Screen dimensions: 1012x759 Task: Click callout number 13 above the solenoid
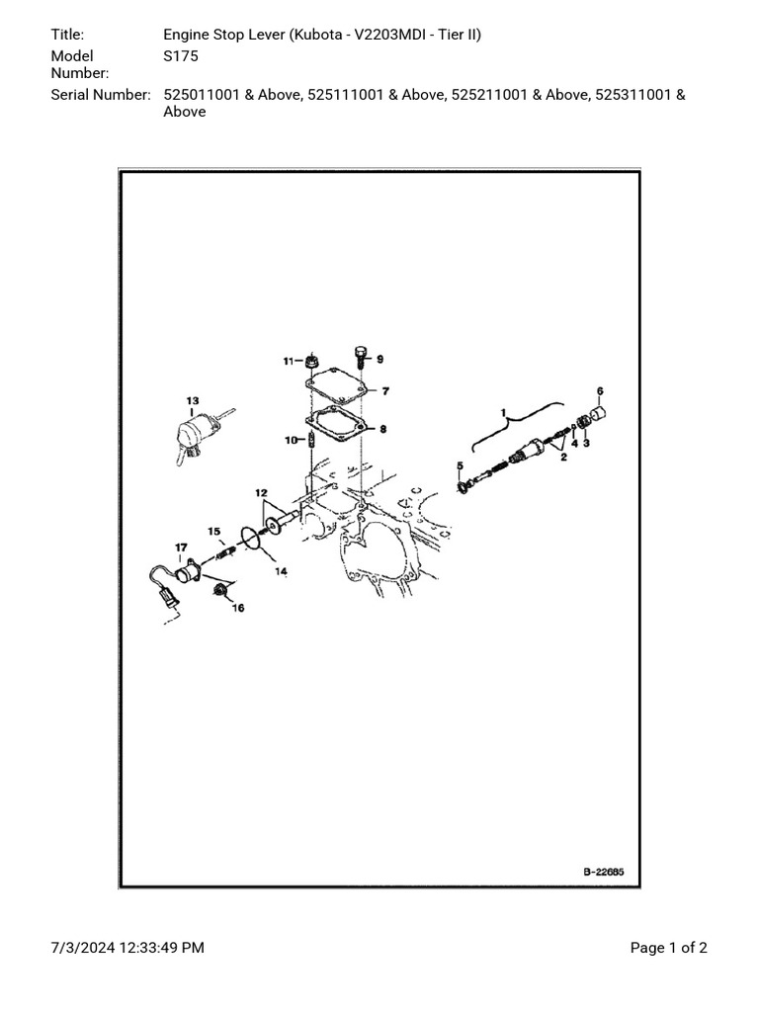point(193,401)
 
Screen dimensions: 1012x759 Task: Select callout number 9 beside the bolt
point(379,359)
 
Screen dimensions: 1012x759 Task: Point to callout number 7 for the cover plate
point(385,391)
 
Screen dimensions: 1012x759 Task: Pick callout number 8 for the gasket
point(383,429)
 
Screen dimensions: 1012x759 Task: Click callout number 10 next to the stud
point(291,440)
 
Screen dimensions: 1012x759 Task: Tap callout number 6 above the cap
point(599,391)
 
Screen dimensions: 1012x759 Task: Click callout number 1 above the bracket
point(502,410)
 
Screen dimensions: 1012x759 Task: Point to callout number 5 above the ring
point(460,465)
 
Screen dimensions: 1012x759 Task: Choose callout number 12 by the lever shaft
point(261,492)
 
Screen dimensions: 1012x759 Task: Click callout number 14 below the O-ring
point(282,571)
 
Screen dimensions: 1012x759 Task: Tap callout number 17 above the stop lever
point(181,547)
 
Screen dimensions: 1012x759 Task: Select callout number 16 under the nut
point(237,608)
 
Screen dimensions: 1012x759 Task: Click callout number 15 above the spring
point(213,532)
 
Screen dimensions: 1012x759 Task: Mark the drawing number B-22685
point(604,873)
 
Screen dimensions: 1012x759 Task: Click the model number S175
point(181,56)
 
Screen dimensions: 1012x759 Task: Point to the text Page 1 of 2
point(668,948)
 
